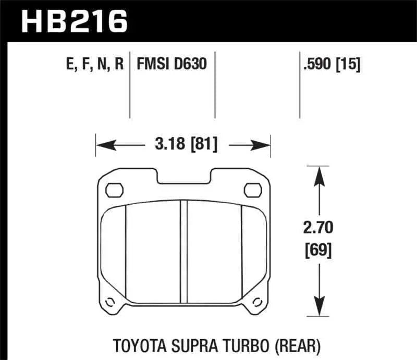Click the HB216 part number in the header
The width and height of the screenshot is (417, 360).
(74, 22)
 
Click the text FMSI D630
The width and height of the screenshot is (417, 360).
(171, 64)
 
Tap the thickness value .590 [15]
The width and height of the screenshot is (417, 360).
(331, 64)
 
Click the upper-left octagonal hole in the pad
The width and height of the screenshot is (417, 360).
(113, 190)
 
